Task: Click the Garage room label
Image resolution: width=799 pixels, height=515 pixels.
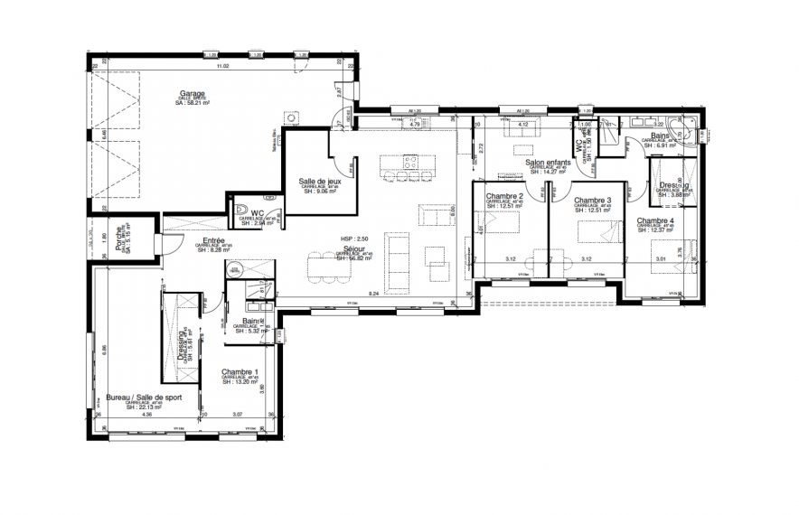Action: pyautogui.click(x=191, y=93)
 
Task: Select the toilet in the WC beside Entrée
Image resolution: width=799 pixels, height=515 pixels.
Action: pyautogui.click(x=242, y=213)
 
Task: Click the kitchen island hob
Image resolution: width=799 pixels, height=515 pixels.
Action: pyautogui.click(x=409, y=163)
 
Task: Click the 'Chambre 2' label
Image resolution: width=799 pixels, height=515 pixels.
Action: pyautogui.click(x=504, y=198)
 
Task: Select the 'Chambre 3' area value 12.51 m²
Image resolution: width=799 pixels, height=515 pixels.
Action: pyautogui.click(x=593, y=211)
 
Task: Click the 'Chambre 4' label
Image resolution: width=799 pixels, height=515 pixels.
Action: pyautogui.click(x=654, y=220)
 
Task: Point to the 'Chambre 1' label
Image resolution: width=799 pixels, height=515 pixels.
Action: pyautogui.click(x=240, y=373)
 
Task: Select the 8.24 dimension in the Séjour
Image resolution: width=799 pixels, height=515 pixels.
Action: pyautogui.click(x=375, y=294)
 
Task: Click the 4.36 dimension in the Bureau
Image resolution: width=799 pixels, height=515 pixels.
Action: pyautogui.click(x=147, y=415)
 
